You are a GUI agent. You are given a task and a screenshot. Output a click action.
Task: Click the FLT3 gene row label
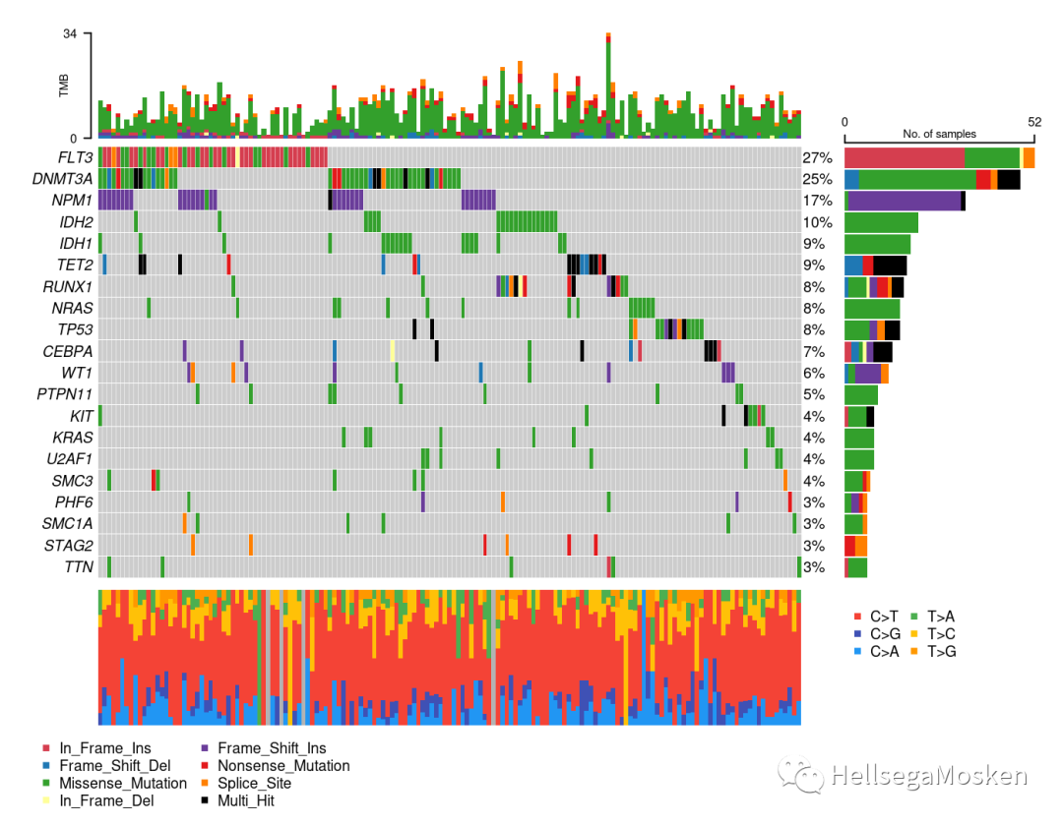(x=75, y=157)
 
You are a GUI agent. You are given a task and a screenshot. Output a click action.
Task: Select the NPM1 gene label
(x=72, y=201)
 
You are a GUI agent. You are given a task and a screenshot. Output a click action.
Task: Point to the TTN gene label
(x=79, y=567)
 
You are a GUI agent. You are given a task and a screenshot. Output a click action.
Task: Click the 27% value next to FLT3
(x=818, y=157)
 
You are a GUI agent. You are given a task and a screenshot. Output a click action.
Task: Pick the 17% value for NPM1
(x=818, y=201)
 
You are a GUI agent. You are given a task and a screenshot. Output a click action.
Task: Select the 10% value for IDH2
(x=818, y=222)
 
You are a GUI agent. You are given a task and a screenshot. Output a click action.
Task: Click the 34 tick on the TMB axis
(x=70, y=33)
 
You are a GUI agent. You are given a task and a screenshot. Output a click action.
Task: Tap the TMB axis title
(x=64, y=86)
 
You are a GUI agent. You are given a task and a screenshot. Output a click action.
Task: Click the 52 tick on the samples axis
(x=1033, y=122)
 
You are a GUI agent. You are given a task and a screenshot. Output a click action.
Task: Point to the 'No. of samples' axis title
(x=940, y=134)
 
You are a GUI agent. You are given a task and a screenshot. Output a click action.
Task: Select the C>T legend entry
(x=876, y=617)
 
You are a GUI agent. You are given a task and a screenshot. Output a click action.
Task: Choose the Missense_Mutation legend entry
(x=114, y=783)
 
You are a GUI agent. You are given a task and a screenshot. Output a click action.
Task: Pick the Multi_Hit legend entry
(x=238, y=800)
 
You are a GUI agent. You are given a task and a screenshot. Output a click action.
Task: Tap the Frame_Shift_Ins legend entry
(x=264, y=747)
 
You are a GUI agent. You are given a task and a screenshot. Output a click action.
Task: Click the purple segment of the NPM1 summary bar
(x=905, y=201)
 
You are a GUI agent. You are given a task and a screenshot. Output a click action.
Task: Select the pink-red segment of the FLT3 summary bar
(x=905, y=157)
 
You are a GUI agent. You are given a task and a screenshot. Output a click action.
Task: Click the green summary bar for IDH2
(x=881, y=222)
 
